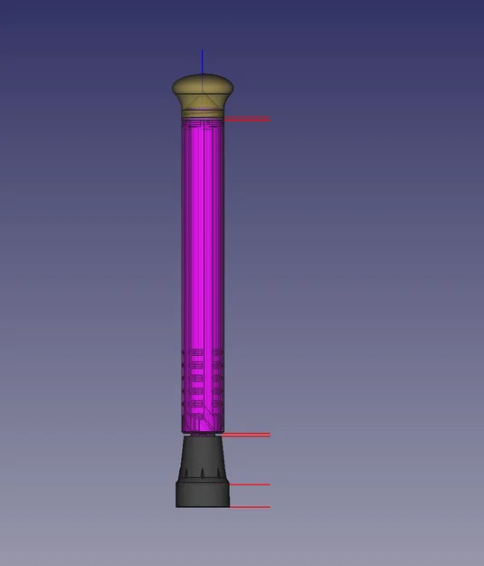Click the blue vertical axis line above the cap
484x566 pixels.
pos(202,63)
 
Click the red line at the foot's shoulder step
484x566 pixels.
pos(250,484)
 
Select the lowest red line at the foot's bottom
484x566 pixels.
pos(250,506)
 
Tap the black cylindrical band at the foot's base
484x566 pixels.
pos(203,494)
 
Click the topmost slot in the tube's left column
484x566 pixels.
pos(191,352)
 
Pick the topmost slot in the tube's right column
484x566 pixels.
pos(215,352)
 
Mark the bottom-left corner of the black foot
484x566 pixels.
pos(177,505)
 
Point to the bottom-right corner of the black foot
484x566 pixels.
pos(229,505)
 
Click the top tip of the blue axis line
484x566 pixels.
pos(202,52)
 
